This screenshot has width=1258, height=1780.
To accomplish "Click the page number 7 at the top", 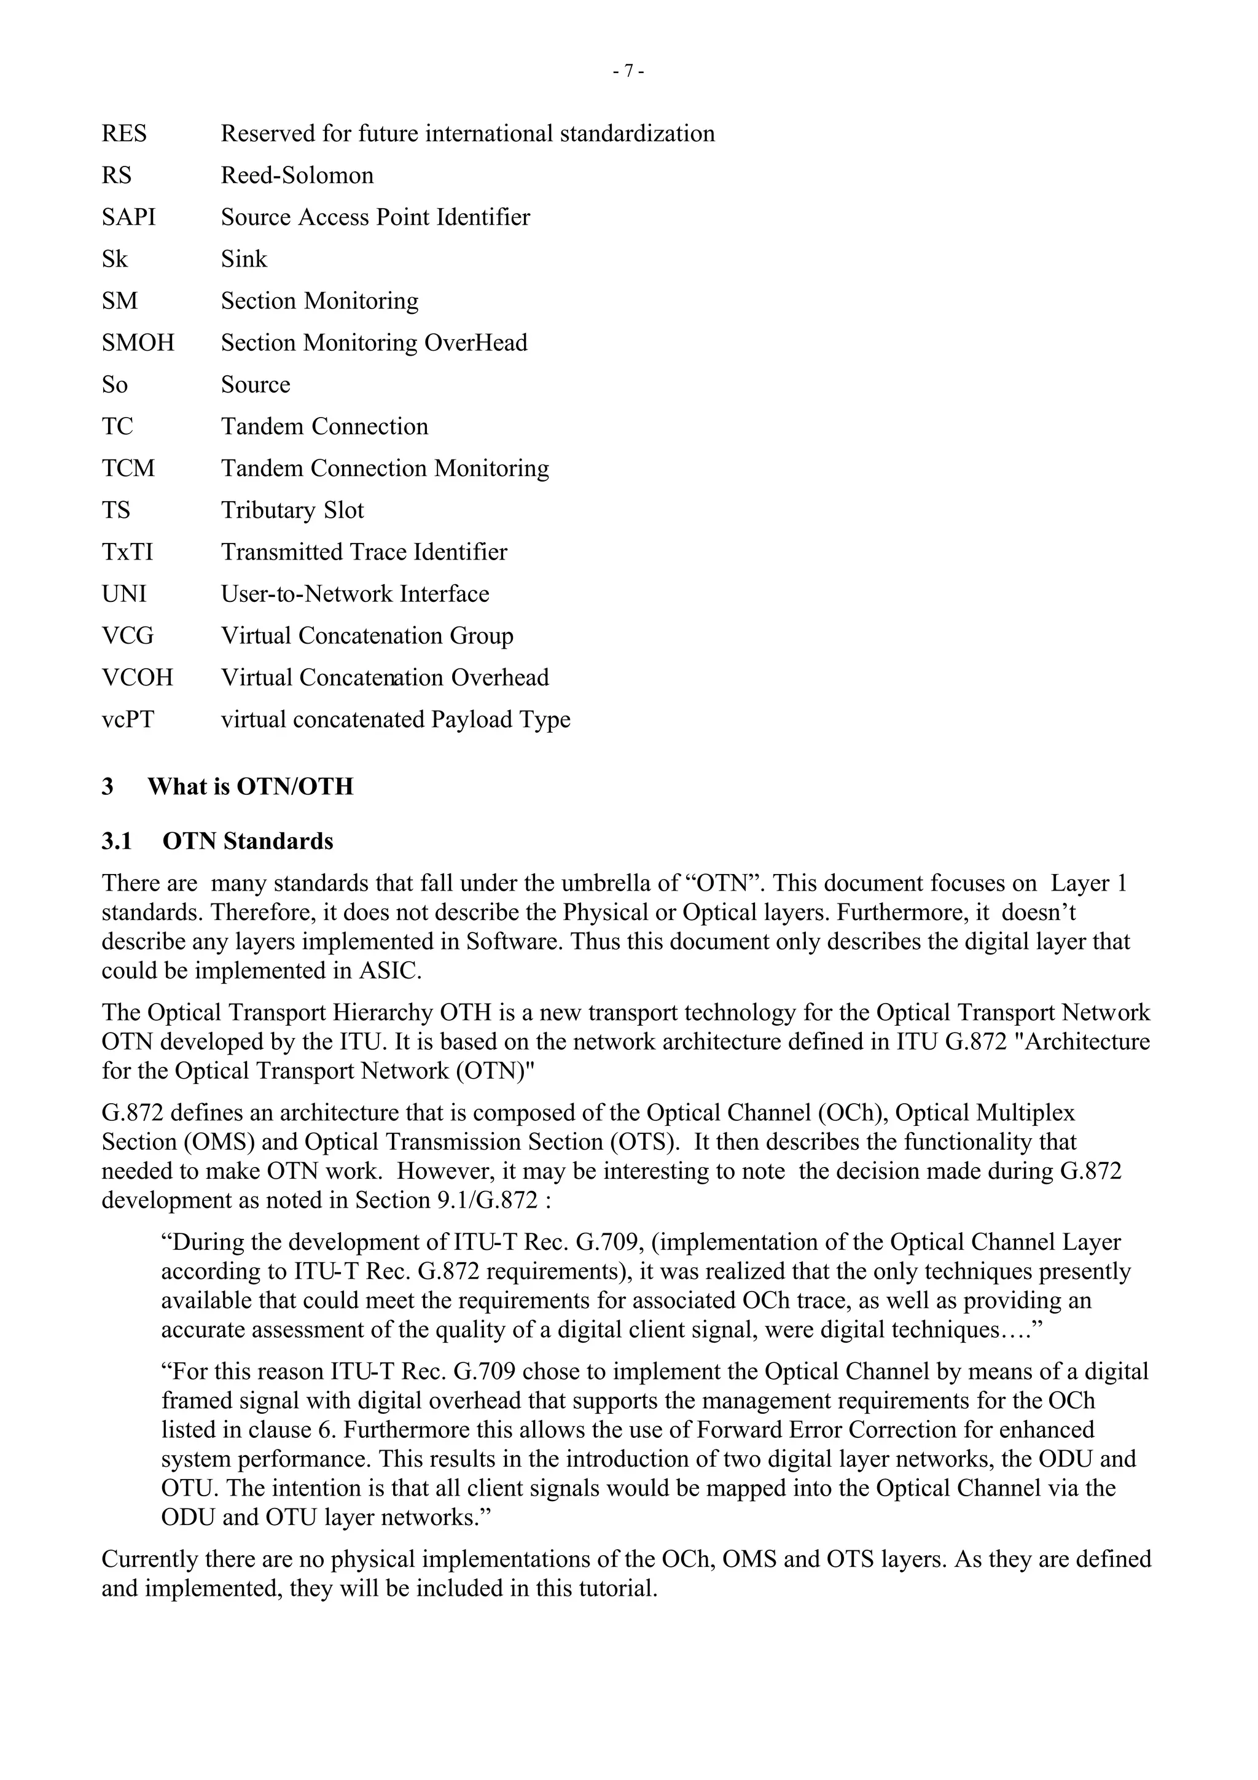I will click(628, 71).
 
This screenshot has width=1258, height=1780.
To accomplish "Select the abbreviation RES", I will click(124, 134).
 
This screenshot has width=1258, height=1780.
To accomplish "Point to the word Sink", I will click(243, 260).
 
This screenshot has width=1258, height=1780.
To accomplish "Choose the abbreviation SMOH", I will click(138, 343).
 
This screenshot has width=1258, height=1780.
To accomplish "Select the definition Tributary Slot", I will click(292, 511).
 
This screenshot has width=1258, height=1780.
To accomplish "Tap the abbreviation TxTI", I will click(127, 553).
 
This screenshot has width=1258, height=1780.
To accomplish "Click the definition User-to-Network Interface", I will click(355, 595).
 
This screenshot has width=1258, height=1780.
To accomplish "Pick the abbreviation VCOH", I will click(137, 678).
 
